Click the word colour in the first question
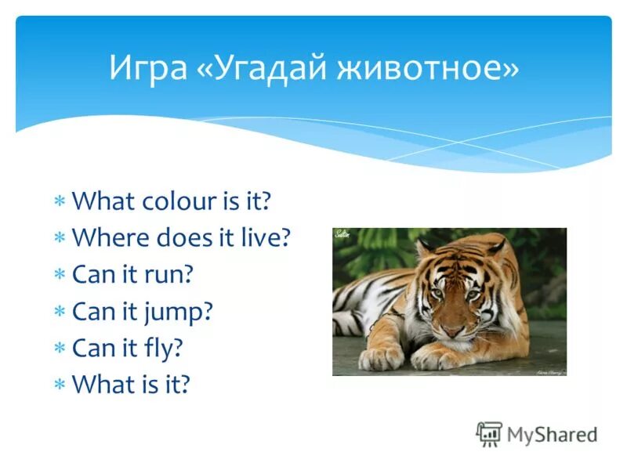(178, 201)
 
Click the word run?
(165, 275)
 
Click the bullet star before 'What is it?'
(60, 385)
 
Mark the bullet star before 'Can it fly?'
(60, 349)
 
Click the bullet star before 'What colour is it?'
(60, 202)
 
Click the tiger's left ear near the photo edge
(424, 250)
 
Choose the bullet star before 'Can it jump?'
(60, 312)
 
